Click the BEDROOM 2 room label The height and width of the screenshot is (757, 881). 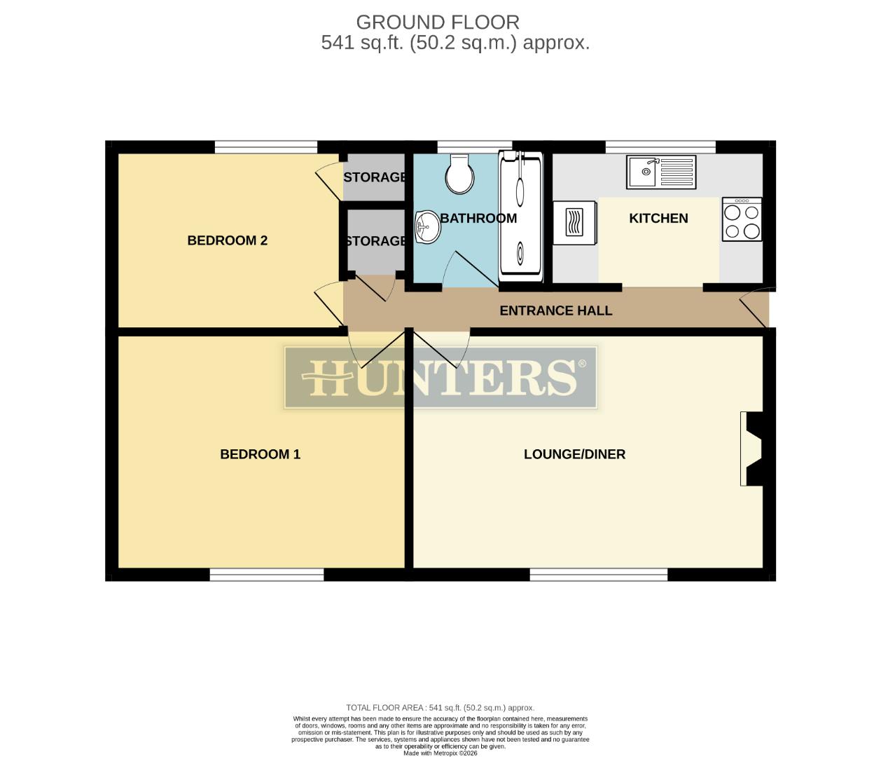(227, 240)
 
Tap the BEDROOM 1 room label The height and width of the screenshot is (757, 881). (260, 454)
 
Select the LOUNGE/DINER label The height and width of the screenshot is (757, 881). (574, 454)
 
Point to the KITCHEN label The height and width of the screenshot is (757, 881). (658, 218)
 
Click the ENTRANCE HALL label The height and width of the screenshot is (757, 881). (555, 311)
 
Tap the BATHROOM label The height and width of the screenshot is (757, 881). (478, 218)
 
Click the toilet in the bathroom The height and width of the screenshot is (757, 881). (459, 174)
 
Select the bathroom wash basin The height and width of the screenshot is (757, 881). (426, 226)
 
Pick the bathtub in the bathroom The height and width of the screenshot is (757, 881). (520, 214)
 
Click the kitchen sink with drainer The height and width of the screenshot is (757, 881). (660, 172)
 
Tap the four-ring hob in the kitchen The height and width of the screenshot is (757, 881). (742, 220)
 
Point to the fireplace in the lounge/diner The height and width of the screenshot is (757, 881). (754, 449)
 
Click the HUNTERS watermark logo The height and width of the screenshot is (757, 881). (440, 377)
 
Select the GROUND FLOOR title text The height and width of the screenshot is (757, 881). (438, 22)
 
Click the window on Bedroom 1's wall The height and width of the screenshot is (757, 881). (266, 575)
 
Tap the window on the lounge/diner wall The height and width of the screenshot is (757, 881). (598, 575)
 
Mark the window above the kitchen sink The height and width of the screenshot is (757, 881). (660, 146)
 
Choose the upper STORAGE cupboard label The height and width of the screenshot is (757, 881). (375, 177)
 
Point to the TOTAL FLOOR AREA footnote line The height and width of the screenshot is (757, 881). (440, 708)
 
